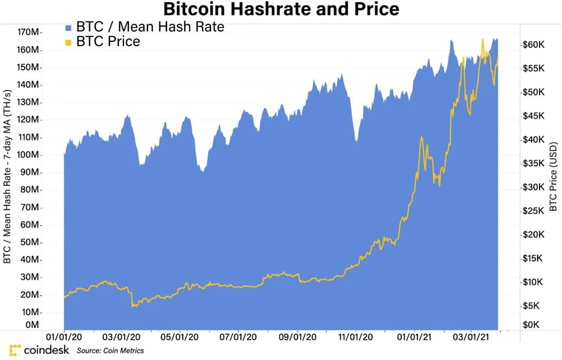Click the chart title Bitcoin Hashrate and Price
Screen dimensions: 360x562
(281, 9)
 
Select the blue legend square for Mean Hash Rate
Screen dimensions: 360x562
(68, 27)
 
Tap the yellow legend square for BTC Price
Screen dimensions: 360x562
(68, 42)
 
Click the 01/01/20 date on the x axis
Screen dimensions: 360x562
(64, 338)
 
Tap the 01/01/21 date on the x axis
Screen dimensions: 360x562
(414, 338)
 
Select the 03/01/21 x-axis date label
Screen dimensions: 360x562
(471, 338)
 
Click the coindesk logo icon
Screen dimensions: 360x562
(15, 350)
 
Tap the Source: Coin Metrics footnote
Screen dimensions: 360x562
(110, 351)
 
